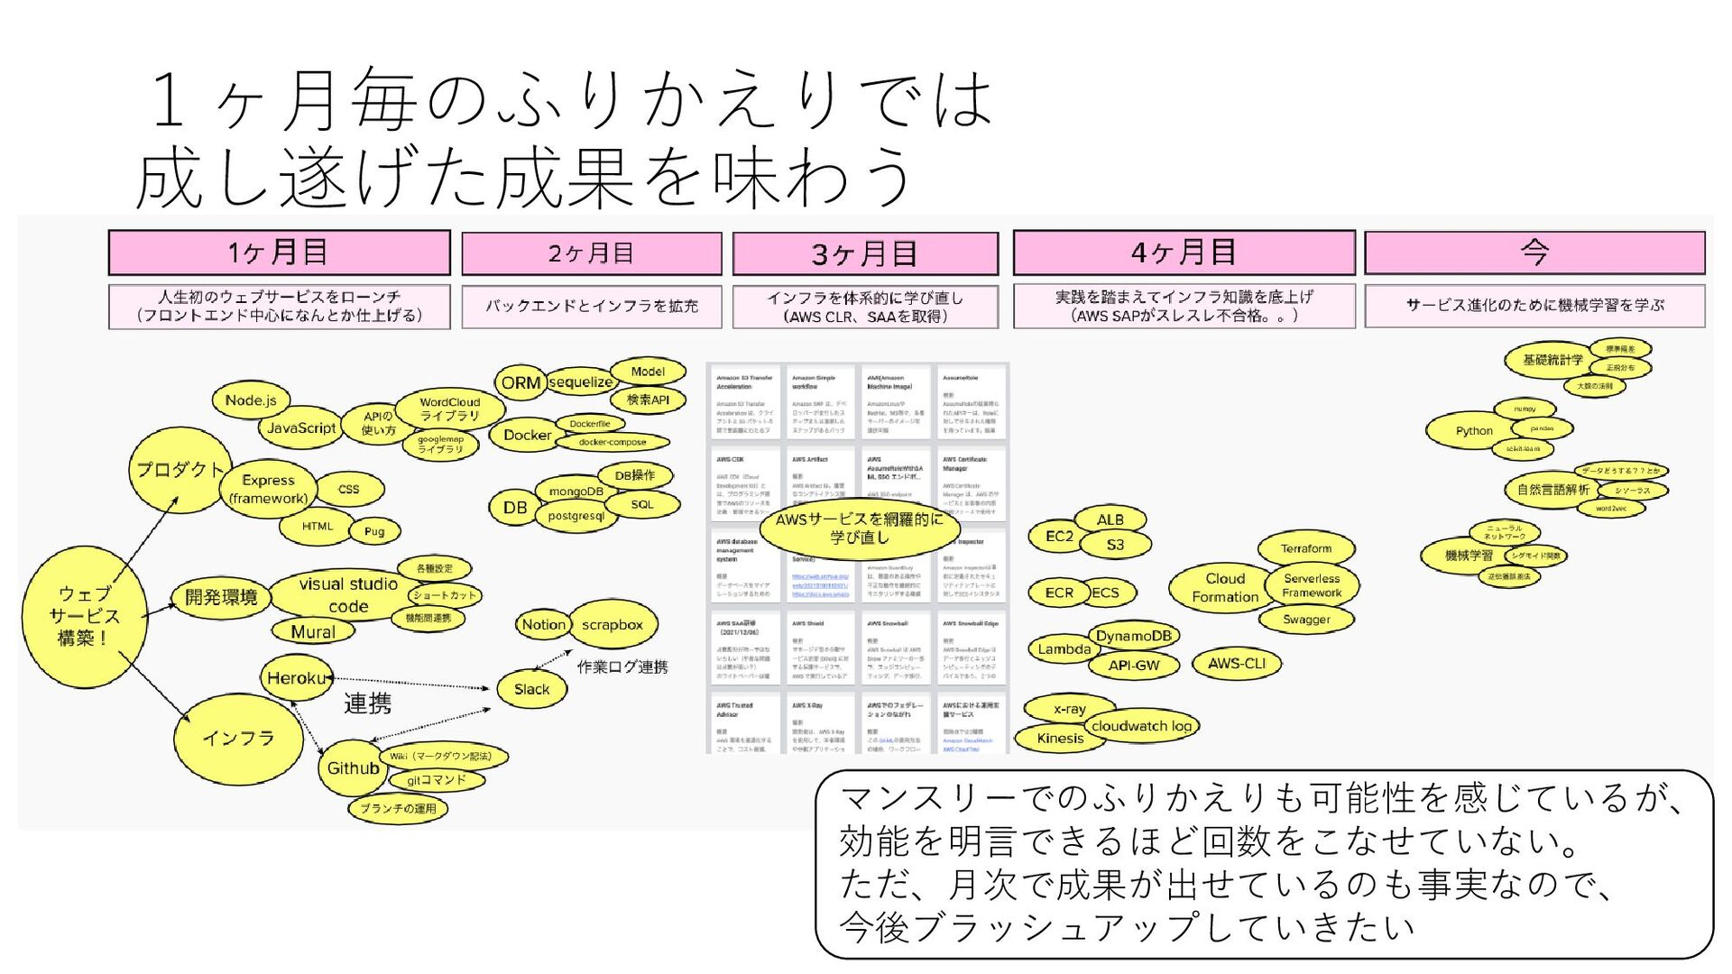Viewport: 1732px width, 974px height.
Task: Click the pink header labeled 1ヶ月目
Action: pos(279,253)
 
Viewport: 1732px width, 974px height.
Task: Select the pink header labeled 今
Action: pos(1534,253)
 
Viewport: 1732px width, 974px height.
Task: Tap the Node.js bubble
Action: pos(251,400)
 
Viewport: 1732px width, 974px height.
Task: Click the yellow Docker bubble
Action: pos(527,435)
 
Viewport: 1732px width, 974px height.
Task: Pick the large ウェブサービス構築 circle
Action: pos(83,616)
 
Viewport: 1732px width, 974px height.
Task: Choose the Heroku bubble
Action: pos(295,678)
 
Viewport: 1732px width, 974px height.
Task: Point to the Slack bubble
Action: pos(531,689)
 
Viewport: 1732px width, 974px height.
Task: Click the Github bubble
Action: pos(352,768)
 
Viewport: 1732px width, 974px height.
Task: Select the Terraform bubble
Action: pos(1305,548)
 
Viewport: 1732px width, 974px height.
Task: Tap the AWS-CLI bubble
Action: pos(1237,663)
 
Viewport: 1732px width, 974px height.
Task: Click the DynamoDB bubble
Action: pos(1133,636)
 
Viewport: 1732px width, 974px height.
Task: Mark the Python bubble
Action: pos(1473,431)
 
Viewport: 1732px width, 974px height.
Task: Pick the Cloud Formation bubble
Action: pos(1224,588)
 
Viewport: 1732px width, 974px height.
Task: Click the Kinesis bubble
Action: pos(1060,738)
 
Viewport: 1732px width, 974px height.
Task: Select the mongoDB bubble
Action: pos(576,492)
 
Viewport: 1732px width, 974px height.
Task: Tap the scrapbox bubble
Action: pos(612,624)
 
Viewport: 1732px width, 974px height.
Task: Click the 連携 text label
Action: pos(368,703)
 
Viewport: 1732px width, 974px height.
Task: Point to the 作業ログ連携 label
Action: pos(622,666)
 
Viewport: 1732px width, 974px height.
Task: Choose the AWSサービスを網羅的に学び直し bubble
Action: pos(859,528)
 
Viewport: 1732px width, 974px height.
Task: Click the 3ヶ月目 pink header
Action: pos(865,253)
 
